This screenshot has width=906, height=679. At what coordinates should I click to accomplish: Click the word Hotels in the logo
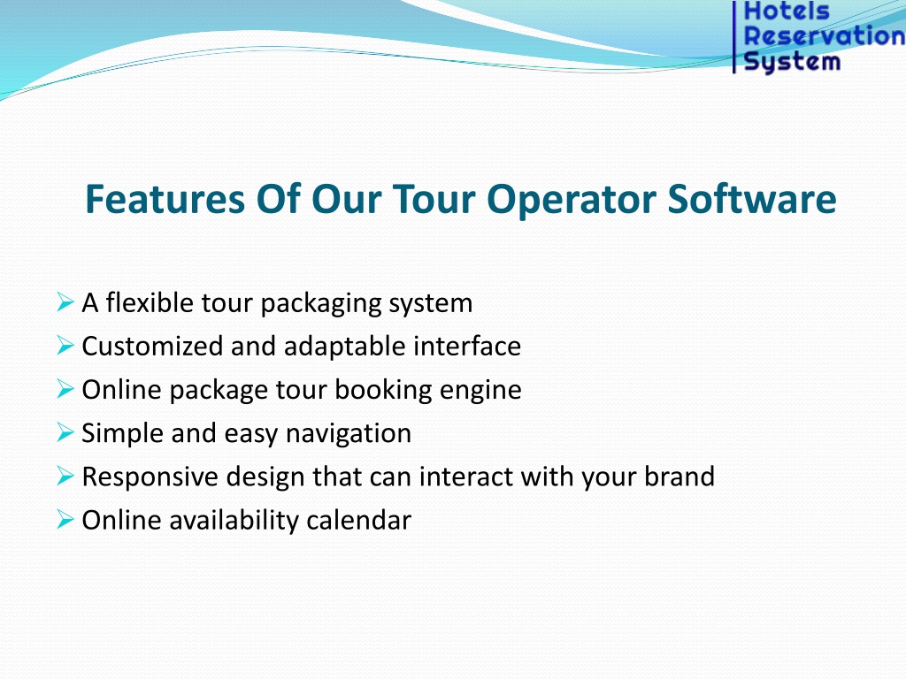pyautogui.click(x=787, y=11)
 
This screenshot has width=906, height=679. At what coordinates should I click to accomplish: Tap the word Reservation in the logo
pyautogui.click(x=825, y=35)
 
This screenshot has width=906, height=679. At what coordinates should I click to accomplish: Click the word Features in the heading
pyautogui.click(x=165, y=199)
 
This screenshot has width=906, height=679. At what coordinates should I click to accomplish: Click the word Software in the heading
pyautogui.click(x=752, y=199)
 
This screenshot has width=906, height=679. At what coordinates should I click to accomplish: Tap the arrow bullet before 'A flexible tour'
pyautogui.click(x=65, y=301)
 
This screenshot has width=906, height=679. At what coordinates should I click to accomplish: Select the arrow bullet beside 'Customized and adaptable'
pyautogui.click(x=65, y=346)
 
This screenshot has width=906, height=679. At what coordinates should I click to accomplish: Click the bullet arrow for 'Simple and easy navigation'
pyautogui.click(x=65, y=432)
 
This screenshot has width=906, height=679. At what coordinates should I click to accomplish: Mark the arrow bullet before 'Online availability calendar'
pyautogui.click(x=65, y=520)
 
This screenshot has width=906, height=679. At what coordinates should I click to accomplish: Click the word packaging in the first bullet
pyautogui.click(x=320, y=304)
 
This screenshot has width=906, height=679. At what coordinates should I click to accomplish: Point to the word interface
pyautogui.click(x=467, y=346)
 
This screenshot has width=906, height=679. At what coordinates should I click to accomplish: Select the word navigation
pyautogui.click(x=349, y=434)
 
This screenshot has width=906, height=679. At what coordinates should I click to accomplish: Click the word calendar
pyautogui.click(x=359, y=520)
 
